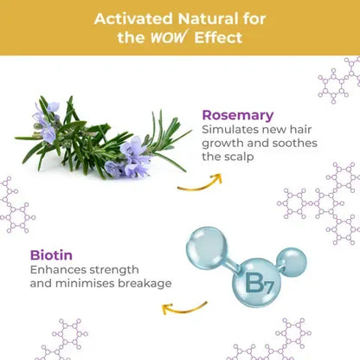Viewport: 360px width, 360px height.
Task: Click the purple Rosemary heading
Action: point(238,115)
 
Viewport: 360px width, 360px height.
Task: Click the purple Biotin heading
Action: point(51,255)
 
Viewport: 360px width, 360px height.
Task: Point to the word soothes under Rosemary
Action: point(297,145)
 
